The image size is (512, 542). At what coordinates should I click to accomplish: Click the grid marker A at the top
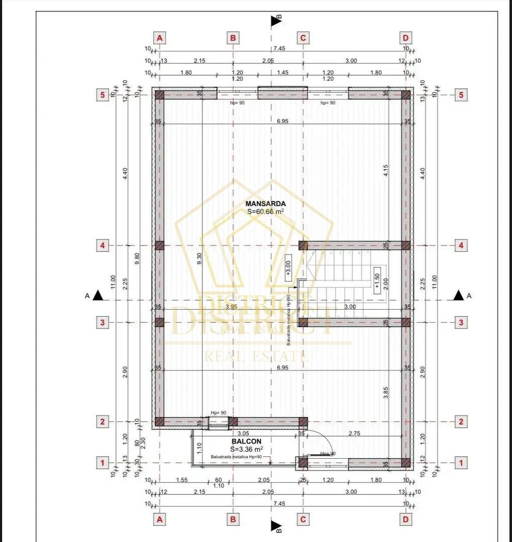[159, 38]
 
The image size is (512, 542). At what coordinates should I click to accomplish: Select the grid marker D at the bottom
[406, 519]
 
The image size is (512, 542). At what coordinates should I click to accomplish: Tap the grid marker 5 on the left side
[102, 95]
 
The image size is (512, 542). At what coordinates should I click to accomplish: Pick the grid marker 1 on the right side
[460, 462]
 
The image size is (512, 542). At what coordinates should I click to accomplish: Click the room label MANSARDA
[266, 204]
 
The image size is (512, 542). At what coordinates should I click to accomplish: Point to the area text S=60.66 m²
[266, 212]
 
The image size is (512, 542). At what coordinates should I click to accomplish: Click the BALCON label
[246, 442]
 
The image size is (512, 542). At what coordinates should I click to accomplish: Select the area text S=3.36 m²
[246, 449]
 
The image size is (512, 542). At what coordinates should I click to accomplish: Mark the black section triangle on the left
[98, 296]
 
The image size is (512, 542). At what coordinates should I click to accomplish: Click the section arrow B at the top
[276, 21]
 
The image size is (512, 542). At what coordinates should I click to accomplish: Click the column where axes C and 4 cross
[303, 245]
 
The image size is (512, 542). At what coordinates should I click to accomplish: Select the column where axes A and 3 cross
[159, 322]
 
